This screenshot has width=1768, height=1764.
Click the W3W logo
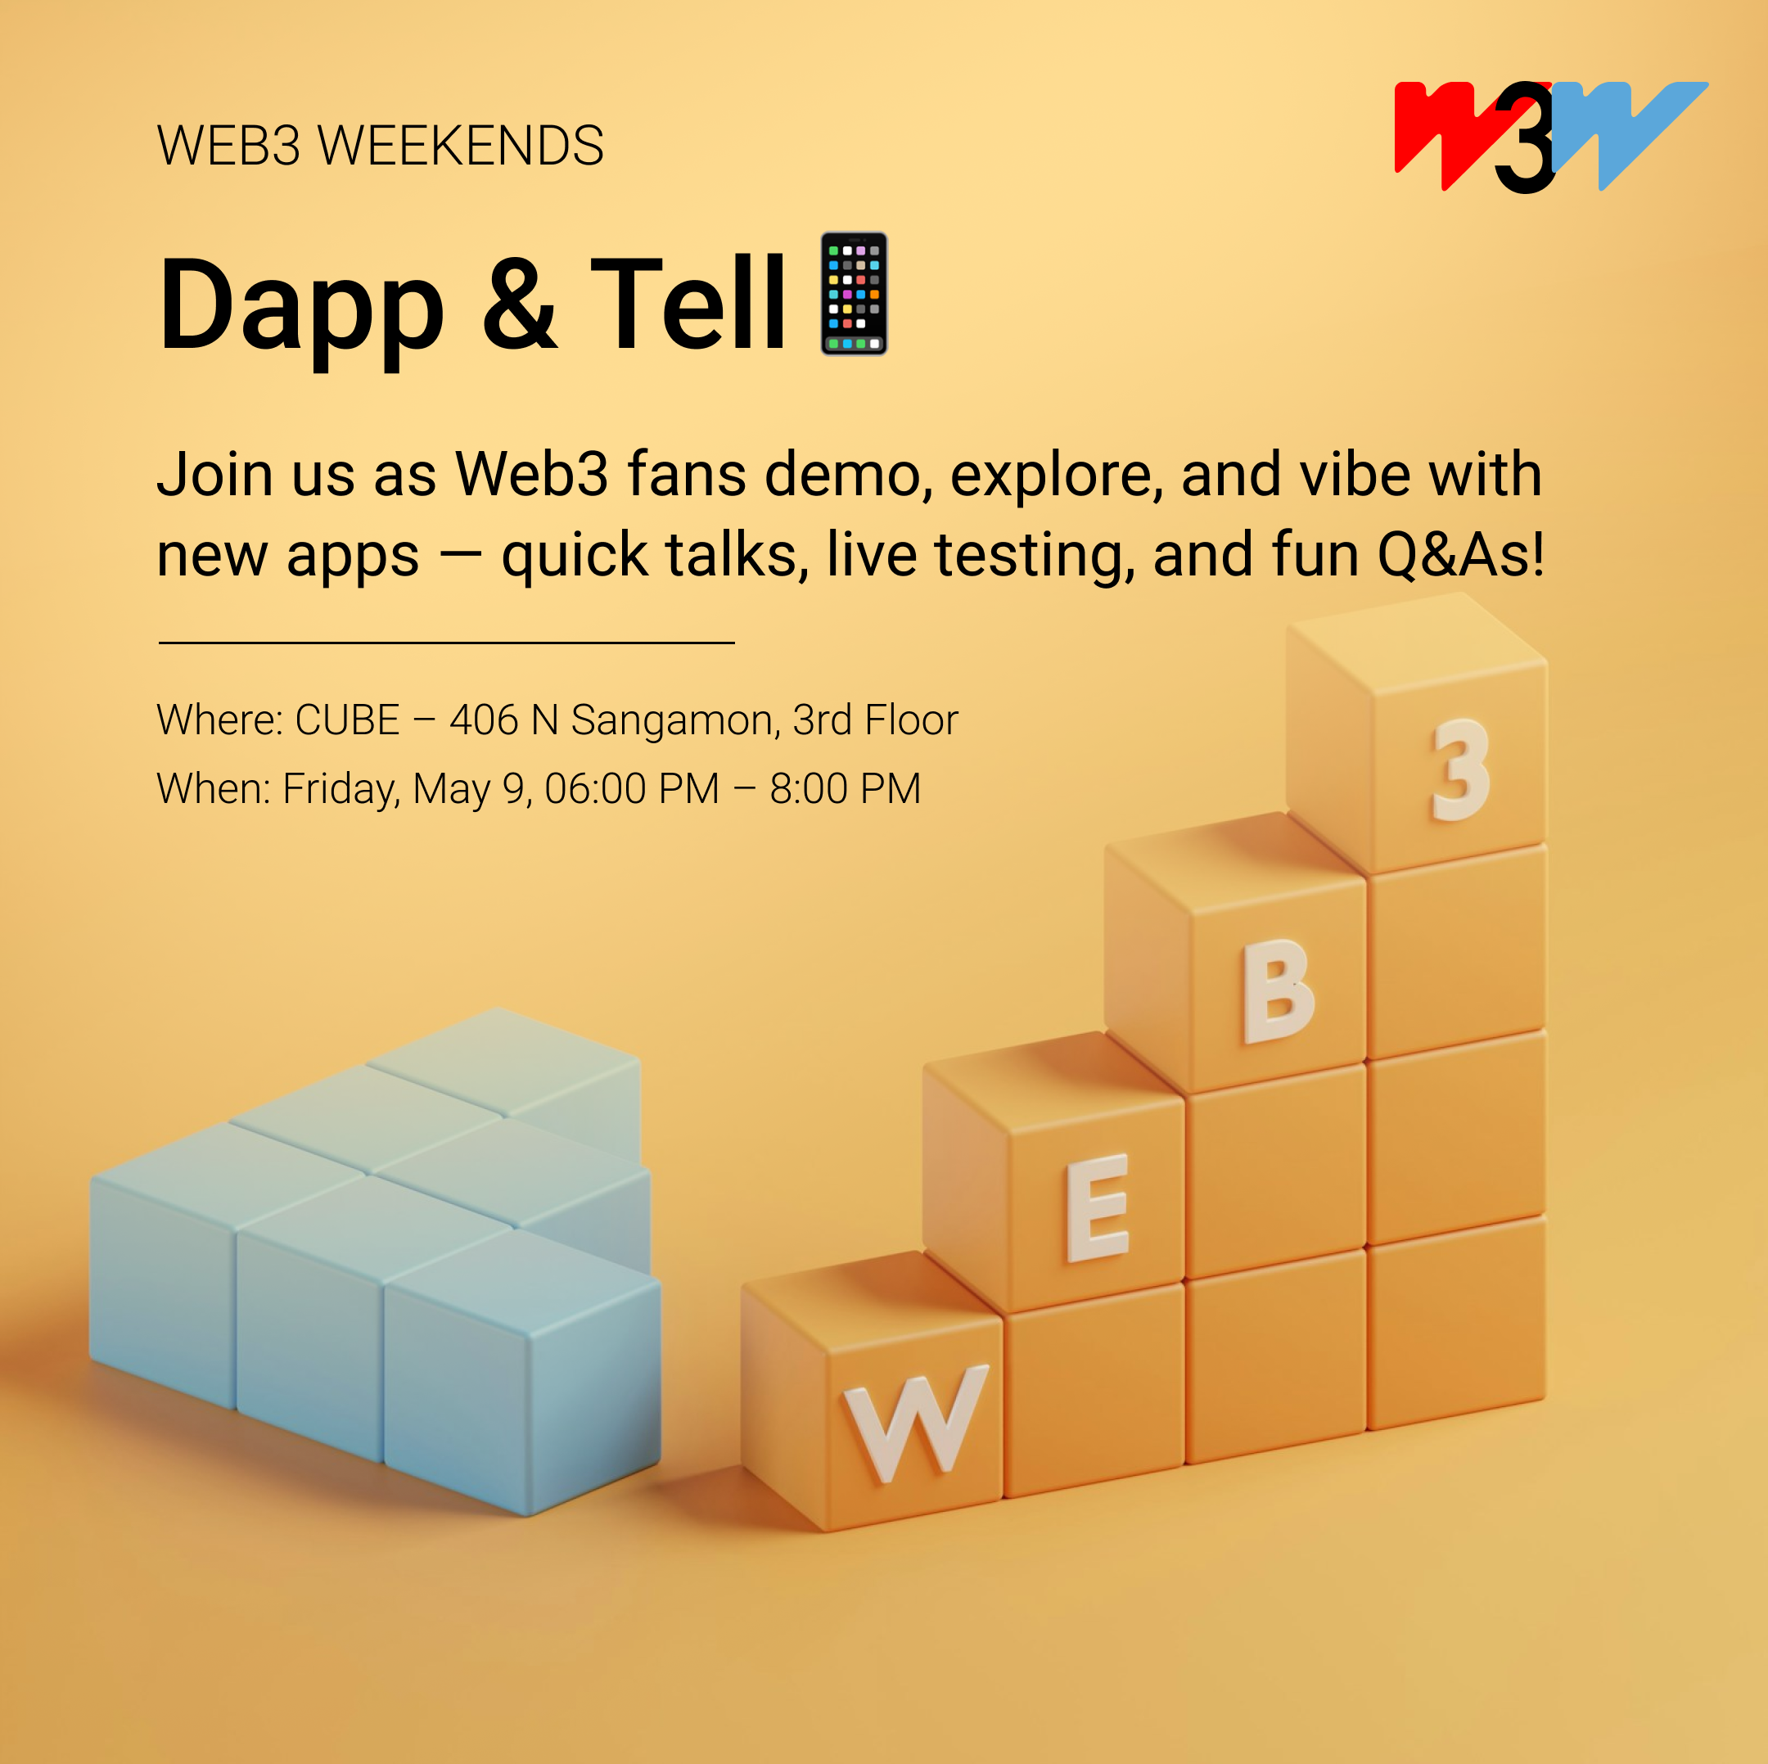pyautogui.click(x=1550, y=138)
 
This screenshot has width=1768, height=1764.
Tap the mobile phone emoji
pyautogui.click(x=854, y=293)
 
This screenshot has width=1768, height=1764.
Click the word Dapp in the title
pyautogui.click(x=301, y=306)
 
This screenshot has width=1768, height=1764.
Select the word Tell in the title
pyautogui.click(x=688, y=302)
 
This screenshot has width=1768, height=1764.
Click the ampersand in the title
pyautogui.click(x=519, y=303)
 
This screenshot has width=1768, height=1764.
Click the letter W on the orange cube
pyautogui.click(x=914, y=1422)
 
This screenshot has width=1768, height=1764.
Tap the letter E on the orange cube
pyautogui.click(x=1097, y=1207)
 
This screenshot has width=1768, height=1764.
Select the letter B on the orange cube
pyautogui.click(x=1278, y=992)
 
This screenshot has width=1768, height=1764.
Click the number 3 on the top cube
pyautogui.click(x=1460, y=769)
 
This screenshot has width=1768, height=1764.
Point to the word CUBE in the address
pyautogui.click(x=348, y=720)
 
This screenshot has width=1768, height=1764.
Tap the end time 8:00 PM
pyautogui.click(x=845, y=788)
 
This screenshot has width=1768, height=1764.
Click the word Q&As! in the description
pyautogui.click(x=1460, y=554)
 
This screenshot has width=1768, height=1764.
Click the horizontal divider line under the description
pyautogui.click(x=447, y=643)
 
